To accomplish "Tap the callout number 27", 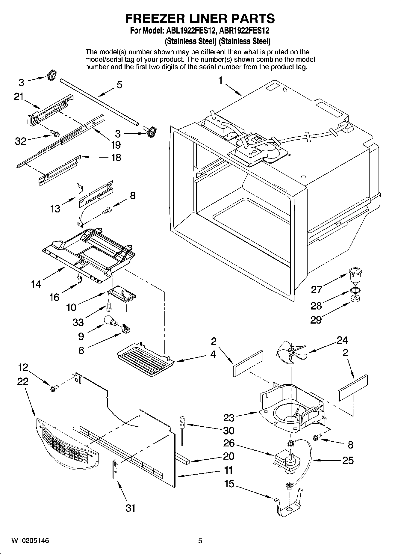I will (x=316, y=289).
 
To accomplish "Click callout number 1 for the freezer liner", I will (x=220, y=81).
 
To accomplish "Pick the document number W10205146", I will (x=30, y=541).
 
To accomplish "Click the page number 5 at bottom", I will (x=200, y=541).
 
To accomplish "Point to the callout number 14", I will (x=36, y=283).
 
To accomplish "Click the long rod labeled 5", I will (x=99, y=102).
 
